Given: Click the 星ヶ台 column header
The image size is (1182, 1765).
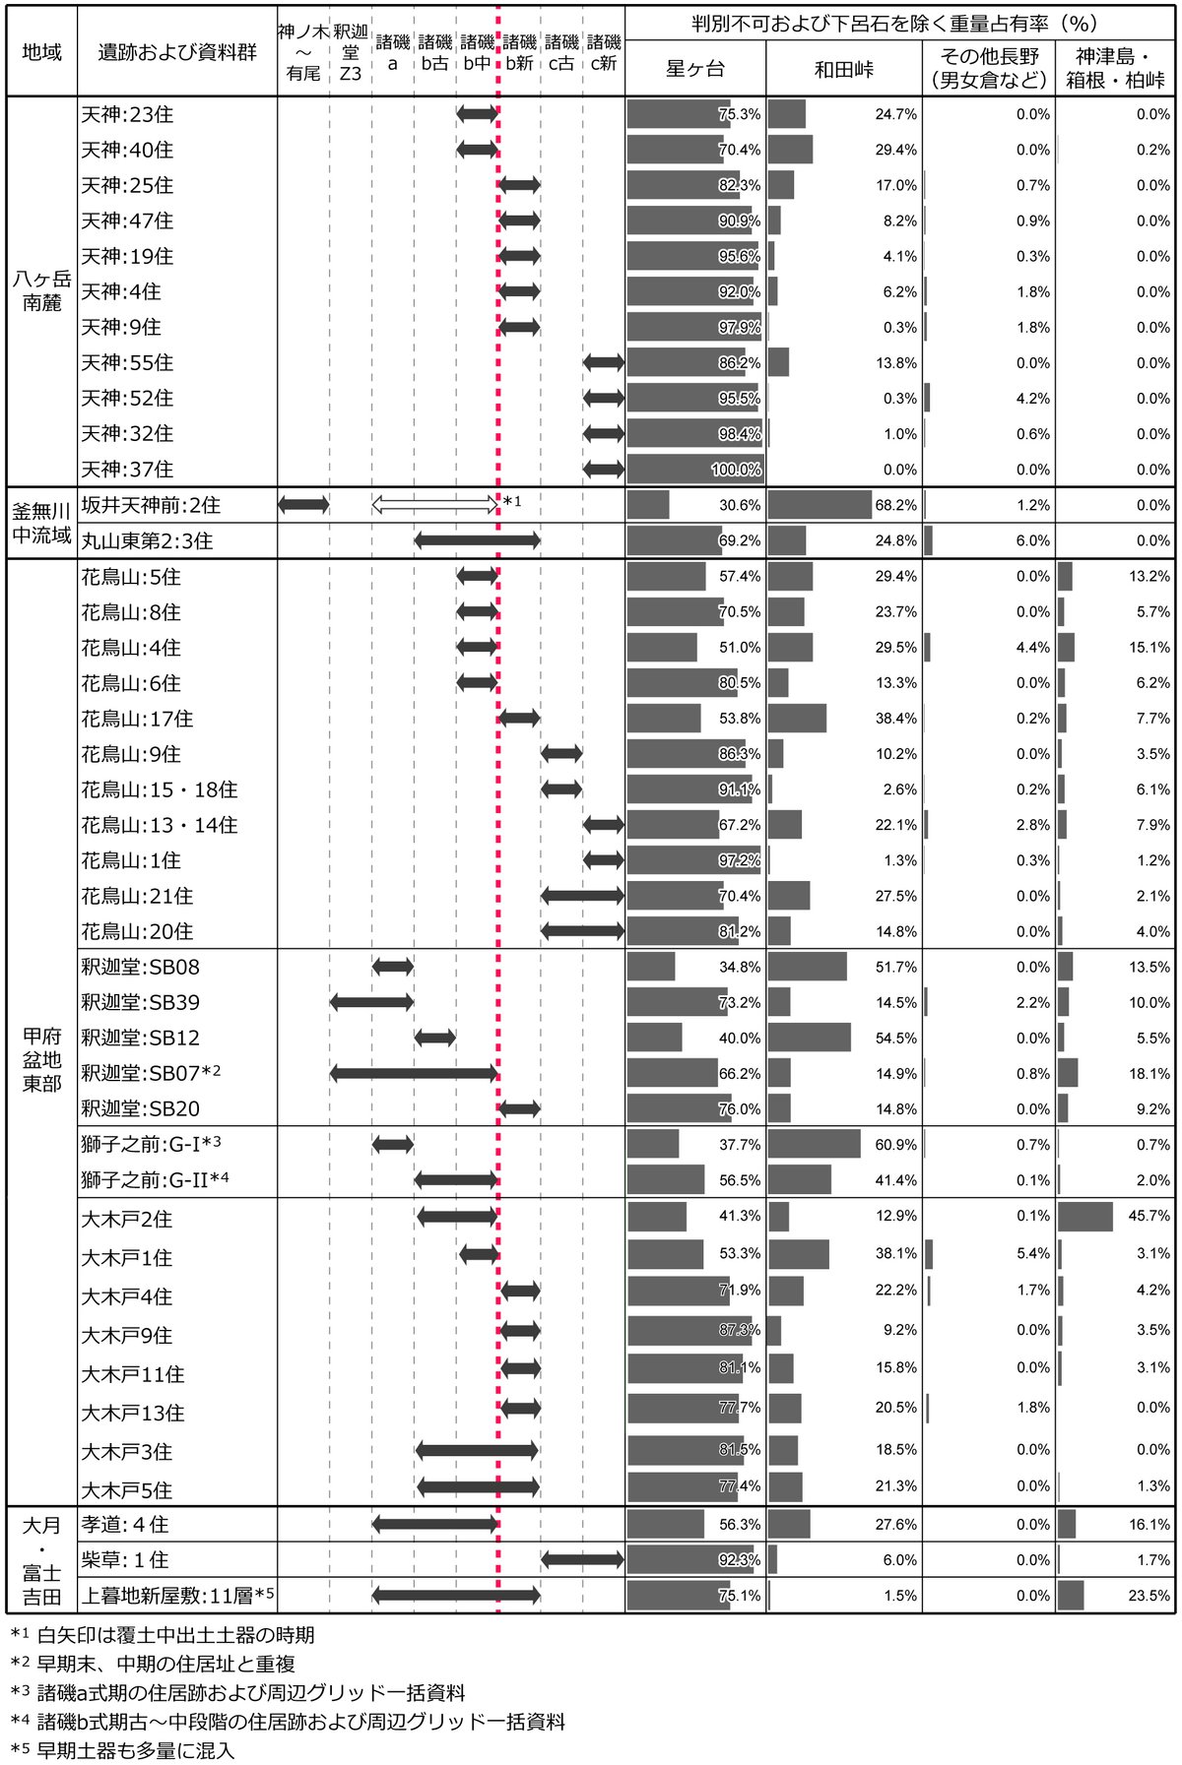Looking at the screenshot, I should tap(695, 69).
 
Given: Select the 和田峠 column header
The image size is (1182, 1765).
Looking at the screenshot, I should tap(844, 69).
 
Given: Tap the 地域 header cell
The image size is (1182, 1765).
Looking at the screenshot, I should tap(41, 52).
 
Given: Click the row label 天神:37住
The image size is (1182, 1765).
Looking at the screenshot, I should tap(127, 470).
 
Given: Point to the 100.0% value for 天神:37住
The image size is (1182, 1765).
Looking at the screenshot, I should tap(736, 470).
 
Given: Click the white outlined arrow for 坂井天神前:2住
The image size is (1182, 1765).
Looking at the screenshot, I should tap(435, 505).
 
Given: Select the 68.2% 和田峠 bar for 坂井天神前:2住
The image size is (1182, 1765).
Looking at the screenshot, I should tap(820, 505).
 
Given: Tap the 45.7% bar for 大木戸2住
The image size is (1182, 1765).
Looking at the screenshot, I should tap(1085, 1217).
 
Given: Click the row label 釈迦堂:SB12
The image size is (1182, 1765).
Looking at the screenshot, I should tap(140, 1038).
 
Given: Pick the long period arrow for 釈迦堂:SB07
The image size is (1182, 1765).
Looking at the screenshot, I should tap(414, 1073).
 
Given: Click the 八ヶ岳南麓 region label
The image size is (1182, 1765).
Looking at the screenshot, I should tap(41, 291).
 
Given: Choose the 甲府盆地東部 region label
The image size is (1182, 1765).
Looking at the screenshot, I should tap(41, 1059).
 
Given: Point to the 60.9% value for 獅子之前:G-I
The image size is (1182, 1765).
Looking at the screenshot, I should tap(896, 1145).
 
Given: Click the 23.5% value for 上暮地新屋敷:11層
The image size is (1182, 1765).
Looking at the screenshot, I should tap(1149, 1596).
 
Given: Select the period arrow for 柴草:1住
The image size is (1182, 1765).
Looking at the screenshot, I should tap(582, 1559).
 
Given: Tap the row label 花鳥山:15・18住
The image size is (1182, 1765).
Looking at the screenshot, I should tap(160, 789).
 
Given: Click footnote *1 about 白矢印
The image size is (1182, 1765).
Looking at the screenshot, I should tap(163, 1635).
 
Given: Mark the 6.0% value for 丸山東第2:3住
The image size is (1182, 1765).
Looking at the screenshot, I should tap(1033, 540).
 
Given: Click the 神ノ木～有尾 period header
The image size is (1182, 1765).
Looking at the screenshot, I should tap(302, 52).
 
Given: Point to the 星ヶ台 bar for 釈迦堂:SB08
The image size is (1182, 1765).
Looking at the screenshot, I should tap(651, 967).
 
